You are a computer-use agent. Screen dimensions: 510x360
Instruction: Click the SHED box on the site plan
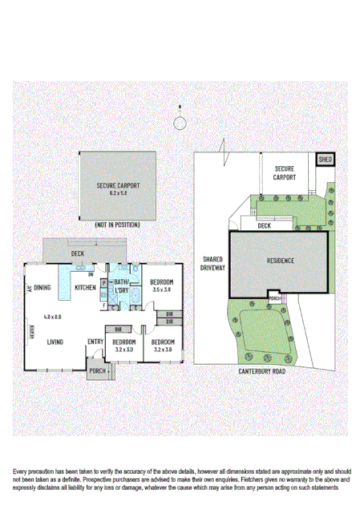(x=326, y=160)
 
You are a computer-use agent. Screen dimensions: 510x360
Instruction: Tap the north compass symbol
(x=180, y=121)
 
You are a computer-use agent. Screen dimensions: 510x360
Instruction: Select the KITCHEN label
(x=86, y=287)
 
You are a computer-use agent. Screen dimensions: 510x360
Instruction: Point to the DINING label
(x=43, y=287)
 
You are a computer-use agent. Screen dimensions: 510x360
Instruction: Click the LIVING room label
(x=55, y=342)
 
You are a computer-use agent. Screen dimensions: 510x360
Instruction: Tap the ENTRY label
(x=95, y=342)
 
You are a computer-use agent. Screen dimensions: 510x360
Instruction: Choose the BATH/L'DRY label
(x=122, y=286)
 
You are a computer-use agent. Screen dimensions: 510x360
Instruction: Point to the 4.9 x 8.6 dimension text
(x=53, y=317)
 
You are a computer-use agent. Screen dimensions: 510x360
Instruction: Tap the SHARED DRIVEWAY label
(x=212, y=264)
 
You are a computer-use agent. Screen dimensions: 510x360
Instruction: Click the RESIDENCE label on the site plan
(x=281, y=261)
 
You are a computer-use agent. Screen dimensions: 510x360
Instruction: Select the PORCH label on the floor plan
(x=98, y=370)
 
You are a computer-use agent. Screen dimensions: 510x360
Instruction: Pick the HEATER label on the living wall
(x=33, y=330)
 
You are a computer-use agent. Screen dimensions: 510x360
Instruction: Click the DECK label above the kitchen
(x=78, y=253)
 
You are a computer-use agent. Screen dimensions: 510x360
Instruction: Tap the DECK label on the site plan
(x=264, y=226)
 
